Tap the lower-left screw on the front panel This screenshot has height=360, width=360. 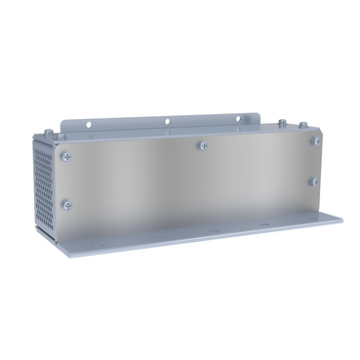[x=66, y=205]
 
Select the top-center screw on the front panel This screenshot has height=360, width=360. [x=202, y=145]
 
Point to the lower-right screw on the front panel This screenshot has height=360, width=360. [x=313, y=180]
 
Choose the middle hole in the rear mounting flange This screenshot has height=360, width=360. [x=167, y=122]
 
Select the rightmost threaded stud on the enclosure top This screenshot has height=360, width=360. [x=303, y=124]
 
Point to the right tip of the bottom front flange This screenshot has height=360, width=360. [x=340, y=220]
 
